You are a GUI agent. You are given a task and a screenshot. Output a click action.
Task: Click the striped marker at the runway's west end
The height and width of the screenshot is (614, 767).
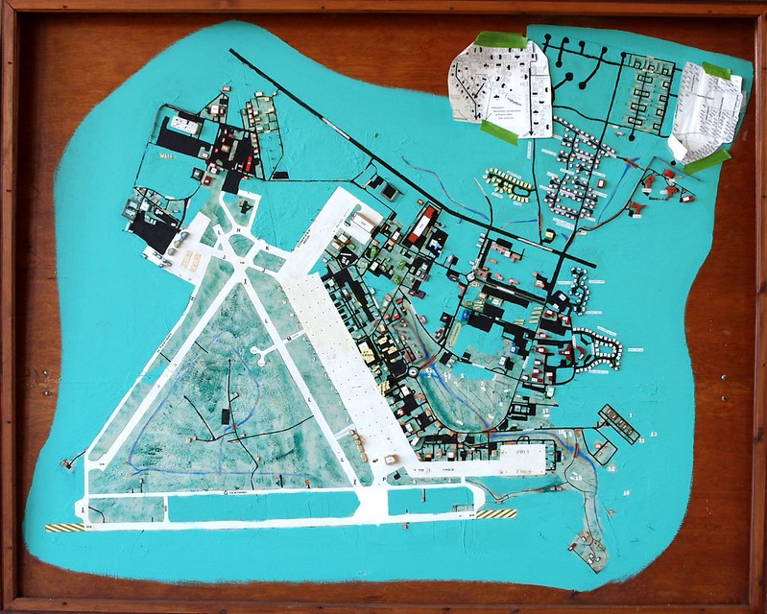tap(64, 528)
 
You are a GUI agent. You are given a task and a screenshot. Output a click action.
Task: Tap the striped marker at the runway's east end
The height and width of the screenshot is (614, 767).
tap(497, 514)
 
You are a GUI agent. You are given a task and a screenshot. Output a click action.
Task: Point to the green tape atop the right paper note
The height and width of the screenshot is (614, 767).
tap(717, 72)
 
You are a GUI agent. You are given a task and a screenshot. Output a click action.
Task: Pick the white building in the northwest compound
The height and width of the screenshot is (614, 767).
tap(184, 125)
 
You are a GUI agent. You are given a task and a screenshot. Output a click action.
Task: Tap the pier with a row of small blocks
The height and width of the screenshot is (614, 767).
tap(618, 423)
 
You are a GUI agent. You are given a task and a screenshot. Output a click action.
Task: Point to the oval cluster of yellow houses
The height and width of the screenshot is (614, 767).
tap(508, 182)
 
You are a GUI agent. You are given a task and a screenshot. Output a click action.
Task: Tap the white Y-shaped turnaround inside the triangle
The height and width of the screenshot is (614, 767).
tap(262, 356)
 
